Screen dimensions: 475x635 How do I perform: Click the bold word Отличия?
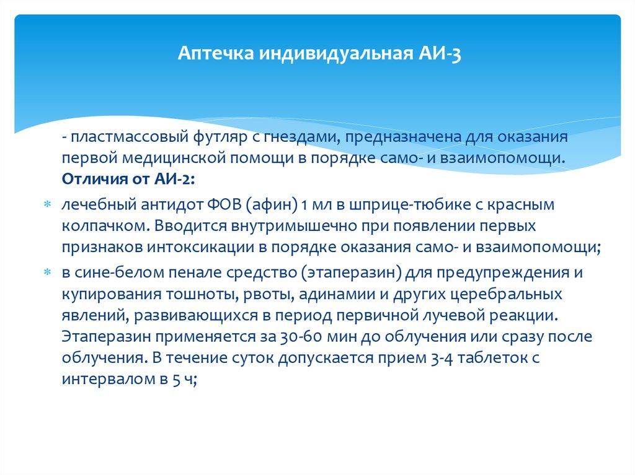coord(89,179)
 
